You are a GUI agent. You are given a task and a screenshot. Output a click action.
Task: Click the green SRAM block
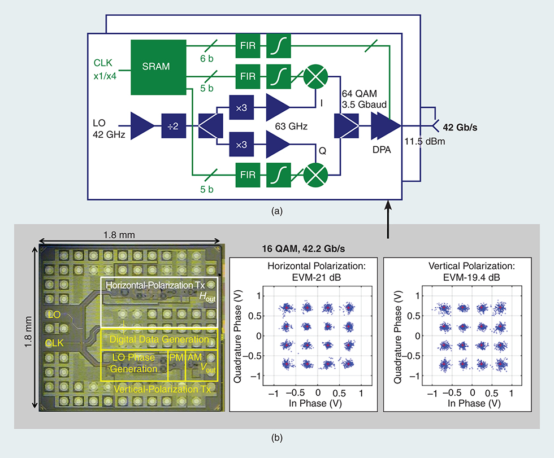click(x=159, y=68)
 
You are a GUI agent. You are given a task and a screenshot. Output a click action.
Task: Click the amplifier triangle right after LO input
click(x=141, y=125)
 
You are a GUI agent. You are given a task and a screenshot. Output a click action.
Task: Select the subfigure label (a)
click(x=277, y=211)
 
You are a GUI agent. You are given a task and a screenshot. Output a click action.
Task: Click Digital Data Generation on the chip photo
click(x=159, y=339)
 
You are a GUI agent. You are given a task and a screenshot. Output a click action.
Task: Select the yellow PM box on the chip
click(x=176, y=357)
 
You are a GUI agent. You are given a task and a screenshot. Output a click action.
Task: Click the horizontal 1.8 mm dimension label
click(x=129, y=233)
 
